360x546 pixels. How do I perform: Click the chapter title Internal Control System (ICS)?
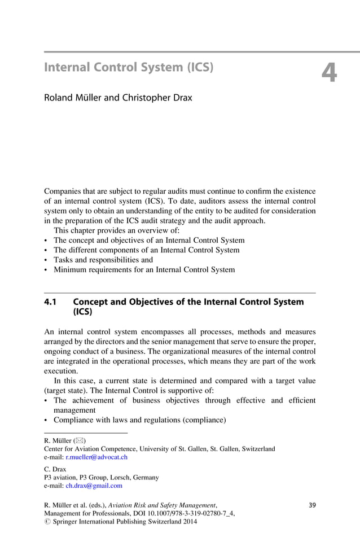pos(129,68)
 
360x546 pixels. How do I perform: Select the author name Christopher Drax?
pos(156,98)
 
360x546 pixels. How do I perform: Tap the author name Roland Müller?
pos(73,98)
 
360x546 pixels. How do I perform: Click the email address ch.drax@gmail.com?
pos(94,486)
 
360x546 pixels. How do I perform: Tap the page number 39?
pos(312,504)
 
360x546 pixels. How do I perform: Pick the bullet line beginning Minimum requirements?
pos(144,270)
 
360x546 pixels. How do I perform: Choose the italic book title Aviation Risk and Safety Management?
pos(164,504)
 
